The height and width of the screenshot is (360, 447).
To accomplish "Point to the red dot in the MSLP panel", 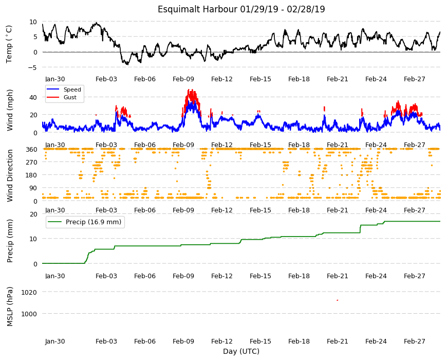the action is point(338,300).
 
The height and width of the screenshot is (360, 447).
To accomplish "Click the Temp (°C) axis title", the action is point(9,44).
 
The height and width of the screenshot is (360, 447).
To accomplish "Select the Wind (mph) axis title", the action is point(10,110).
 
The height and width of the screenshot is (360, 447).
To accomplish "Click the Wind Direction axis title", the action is point(10,175).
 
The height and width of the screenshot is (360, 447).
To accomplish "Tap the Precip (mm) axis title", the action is point(10,241).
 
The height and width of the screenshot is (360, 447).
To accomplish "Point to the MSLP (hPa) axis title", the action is point(10,306).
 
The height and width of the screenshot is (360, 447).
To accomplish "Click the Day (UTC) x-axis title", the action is point(241,351).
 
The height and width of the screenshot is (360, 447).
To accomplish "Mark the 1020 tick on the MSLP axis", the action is point(29,293).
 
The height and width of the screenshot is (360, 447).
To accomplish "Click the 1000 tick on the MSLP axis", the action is point(29,314).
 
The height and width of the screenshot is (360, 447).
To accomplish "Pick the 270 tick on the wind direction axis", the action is point(31,163).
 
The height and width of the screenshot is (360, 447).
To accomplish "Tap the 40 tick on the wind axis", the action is point(33,98).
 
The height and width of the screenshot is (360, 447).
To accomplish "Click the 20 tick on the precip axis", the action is point(33,214).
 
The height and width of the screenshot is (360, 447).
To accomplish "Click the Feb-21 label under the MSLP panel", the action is point(337,341).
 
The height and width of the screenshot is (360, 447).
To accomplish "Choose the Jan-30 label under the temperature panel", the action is point(55,79).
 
